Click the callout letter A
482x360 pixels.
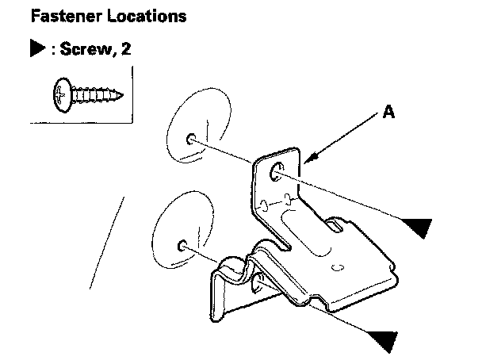point(388,113)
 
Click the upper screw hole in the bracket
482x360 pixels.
point(277,171)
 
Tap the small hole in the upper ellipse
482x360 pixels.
point(192,140)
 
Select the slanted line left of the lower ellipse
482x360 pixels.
point(108,241)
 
